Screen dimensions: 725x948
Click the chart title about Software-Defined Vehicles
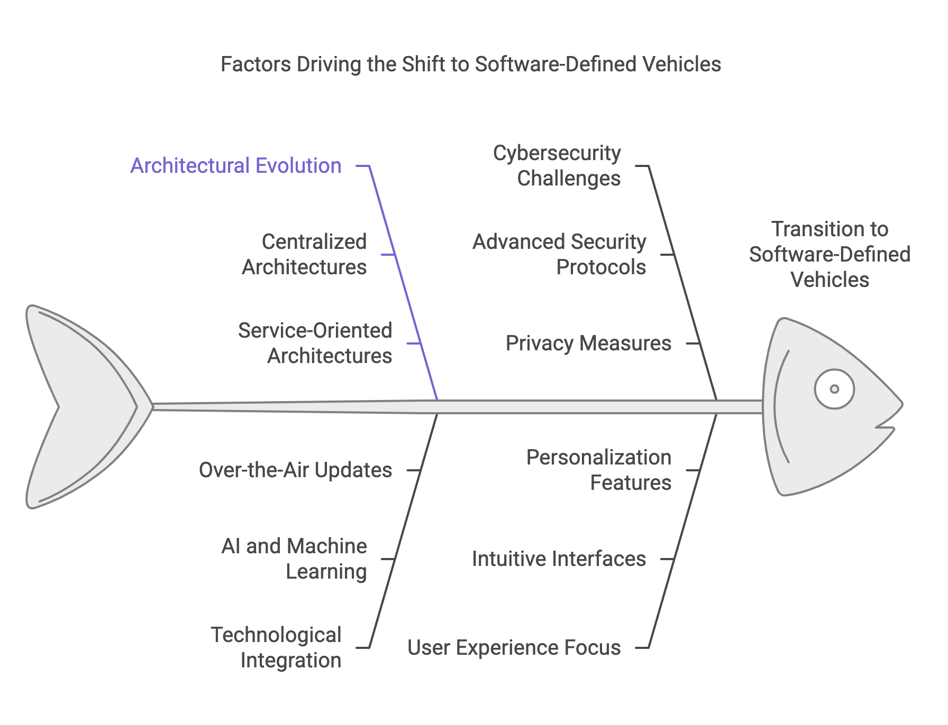click(x=470, y=64)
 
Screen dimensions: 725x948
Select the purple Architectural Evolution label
click(x=236, y=166)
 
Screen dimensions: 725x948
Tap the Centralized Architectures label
click(x=304, y=254)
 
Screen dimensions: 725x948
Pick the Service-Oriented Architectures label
click(x=315, y=343)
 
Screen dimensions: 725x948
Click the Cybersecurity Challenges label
click(x=557, y=165)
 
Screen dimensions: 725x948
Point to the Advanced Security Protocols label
click(x=559, y=254)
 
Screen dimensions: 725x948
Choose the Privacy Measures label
click(x=588, y=343)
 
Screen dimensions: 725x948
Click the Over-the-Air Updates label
click(x=295, y=470)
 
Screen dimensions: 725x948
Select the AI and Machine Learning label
click(x=295, y=559)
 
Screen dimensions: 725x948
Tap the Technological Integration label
click(x=276, y=647)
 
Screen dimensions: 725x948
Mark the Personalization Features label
click(x=599, y=470)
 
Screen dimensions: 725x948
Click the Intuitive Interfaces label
click(x=559, y=559)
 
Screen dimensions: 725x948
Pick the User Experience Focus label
click(x=514, y=648)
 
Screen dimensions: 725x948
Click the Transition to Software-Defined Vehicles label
click(x=829, y=254)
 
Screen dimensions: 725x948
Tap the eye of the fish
click(x=834, y=389)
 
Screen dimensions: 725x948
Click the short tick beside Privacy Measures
click(x=693, y=343)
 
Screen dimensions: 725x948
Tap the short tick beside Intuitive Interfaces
click(x=668, y=559)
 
